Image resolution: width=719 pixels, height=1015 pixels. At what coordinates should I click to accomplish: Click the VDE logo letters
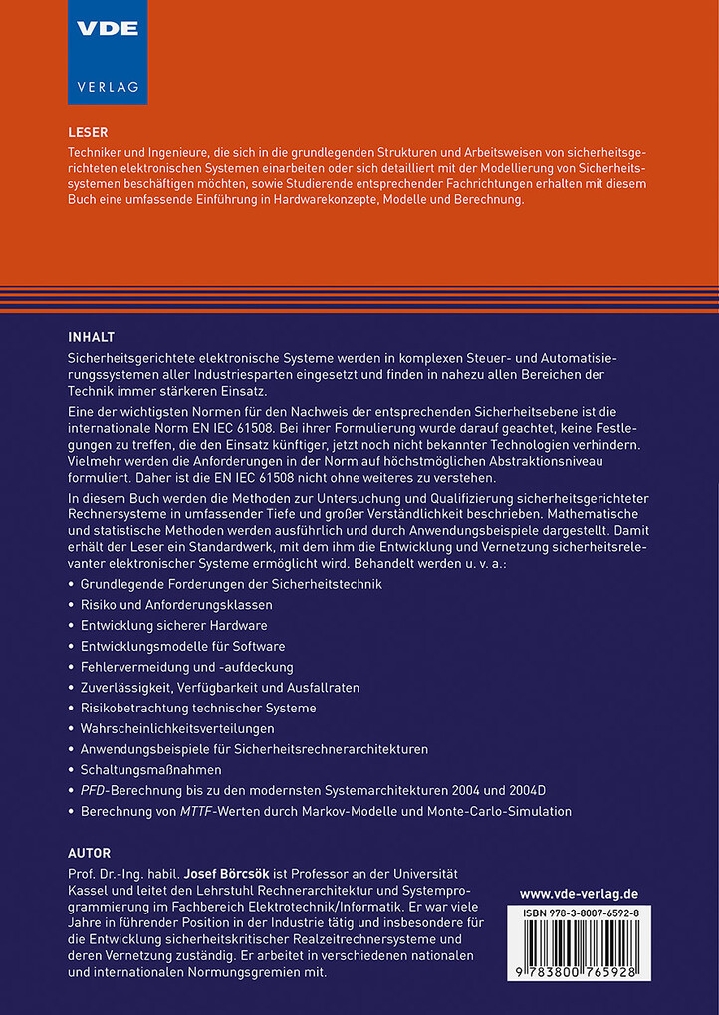tap(107, 29)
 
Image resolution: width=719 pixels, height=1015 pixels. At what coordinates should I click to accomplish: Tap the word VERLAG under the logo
tap(107, 86)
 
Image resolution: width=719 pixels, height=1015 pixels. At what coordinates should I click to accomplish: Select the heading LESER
tap(87, 132)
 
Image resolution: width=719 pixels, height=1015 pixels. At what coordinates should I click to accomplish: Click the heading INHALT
tap(91, 336)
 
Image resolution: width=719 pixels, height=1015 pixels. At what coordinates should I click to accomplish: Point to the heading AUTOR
tap(89, 853)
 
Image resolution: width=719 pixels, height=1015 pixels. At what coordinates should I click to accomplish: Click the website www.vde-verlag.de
tap(579, 894)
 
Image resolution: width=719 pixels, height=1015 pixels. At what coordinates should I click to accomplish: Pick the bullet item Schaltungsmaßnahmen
tap(150, 769)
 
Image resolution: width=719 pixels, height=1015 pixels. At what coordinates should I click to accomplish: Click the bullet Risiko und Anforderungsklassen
tap(176, 604)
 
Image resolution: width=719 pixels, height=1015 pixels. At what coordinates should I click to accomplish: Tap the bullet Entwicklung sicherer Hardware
tap(173, 625)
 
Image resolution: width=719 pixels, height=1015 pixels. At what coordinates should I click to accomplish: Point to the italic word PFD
tap(93, 790)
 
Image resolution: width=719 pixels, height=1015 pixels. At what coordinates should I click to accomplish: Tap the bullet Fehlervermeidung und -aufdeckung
tap(186, 666)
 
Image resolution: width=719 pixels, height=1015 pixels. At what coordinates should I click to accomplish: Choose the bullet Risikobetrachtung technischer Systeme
tap(198, 708)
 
